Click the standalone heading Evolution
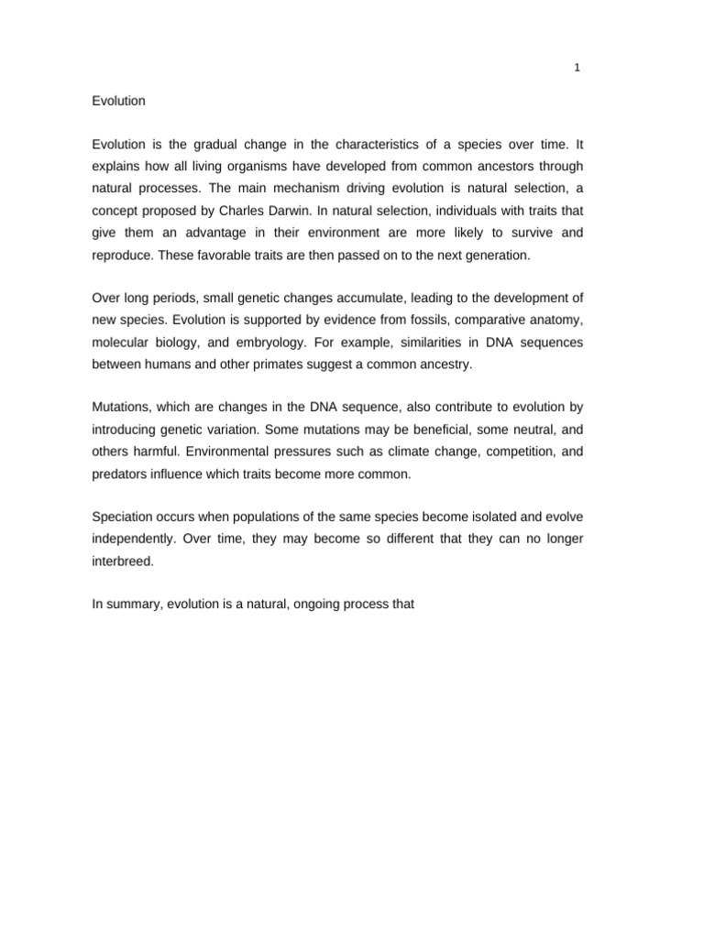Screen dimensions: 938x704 119,101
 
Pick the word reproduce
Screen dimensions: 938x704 122,256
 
